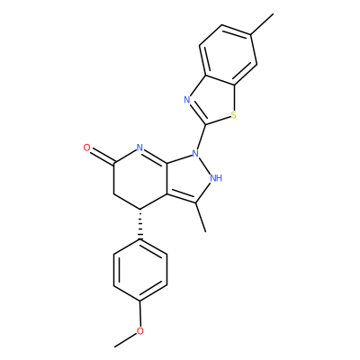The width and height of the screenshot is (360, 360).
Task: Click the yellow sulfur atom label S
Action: [x=234, y=114]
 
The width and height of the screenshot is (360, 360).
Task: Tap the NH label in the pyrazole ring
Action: [x=216, y=178]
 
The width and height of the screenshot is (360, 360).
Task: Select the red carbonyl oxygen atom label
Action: [x=87, y=148]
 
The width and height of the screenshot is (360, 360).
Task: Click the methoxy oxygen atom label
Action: [x=140, y=331]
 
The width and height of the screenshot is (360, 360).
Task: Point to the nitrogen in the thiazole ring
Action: [x=187, y=100]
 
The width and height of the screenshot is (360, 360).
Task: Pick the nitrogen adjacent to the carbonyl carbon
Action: [x=139, y=148]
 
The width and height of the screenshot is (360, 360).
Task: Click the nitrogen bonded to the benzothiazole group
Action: [x=195, y=154]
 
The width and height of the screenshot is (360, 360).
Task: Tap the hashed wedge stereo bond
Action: [x=140, y=224]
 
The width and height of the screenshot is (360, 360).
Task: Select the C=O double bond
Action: [x=103, y=157]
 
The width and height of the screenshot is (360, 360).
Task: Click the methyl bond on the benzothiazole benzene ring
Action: [x=262, y=24]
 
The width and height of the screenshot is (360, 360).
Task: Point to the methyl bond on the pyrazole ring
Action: [x=201, y=217]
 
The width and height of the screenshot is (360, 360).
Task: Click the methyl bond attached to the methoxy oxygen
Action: [x=125, y=340]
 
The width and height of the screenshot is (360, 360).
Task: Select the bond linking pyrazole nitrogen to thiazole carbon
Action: [x=202, y=137]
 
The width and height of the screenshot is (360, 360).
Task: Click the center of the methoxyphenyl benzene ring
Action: [x=140, y=270]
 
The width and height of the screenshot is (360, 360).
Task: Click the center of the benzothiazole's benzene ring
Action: [x=229, y=55]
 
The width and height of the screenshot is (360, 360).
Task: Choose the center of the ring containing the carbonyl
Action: [x=140, y=178]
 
